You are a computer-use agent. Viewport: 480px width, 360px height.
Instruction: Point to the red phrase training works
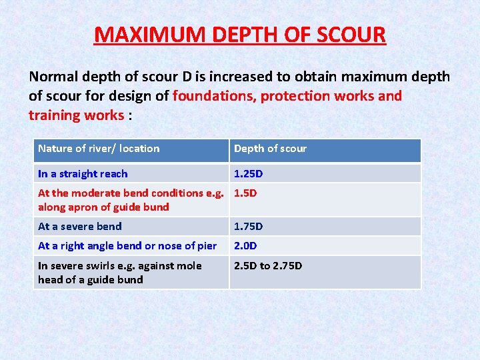coord(76,115)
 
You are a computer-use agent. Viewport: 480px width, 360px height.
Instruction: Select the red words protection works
coord(317,96)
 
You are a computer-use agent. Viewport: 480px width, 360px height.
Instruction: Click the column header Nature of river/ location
coord(99,149)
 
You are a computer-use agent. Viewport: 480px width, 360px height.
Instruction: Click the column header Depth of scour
coord(270,149)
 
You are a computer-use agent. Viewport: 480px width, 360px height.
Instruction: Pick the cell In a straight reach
coord(83,174)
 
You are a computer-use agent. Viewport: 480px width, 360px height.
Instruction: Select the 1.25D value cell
coord(248,174)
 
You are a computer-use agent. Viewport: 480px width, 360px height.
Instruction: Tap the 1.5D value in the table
coord(245,193)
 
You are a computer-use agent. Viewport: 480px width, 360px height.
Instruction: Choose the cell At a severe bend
coord(80,227)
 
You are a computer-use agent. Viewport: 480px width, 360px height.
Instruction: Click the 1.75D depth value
coord(248,227)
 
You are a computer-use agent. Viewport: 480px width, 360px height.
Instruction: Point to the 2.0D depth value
coord(245,246)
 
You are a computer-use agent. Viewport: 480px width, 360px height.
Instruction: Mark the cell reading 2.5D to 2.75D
coord(268,266)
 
